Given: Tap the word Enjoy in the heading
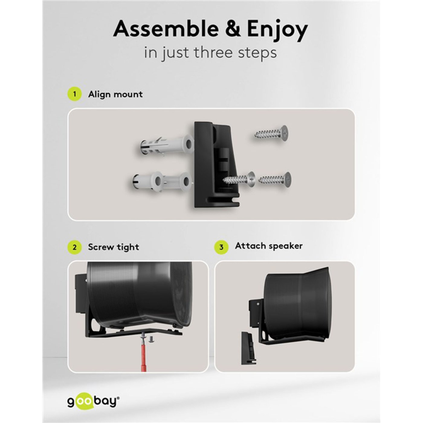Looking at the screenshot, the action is point(277,31).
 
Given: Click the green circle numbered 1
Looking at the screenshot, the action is point(74,94).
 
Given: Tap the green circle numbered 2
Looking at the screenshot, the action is point(74,247).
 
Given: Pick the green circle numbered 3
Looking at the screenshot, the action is point(221,247).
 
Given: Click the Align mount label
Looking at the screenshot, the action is point(115,94).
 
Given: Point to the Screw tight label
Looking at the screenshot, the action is point(114,247).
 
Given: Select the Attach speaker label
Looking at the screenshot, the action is point(269,246).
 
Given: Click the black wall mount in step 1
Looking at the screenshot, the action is point(216,165).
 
